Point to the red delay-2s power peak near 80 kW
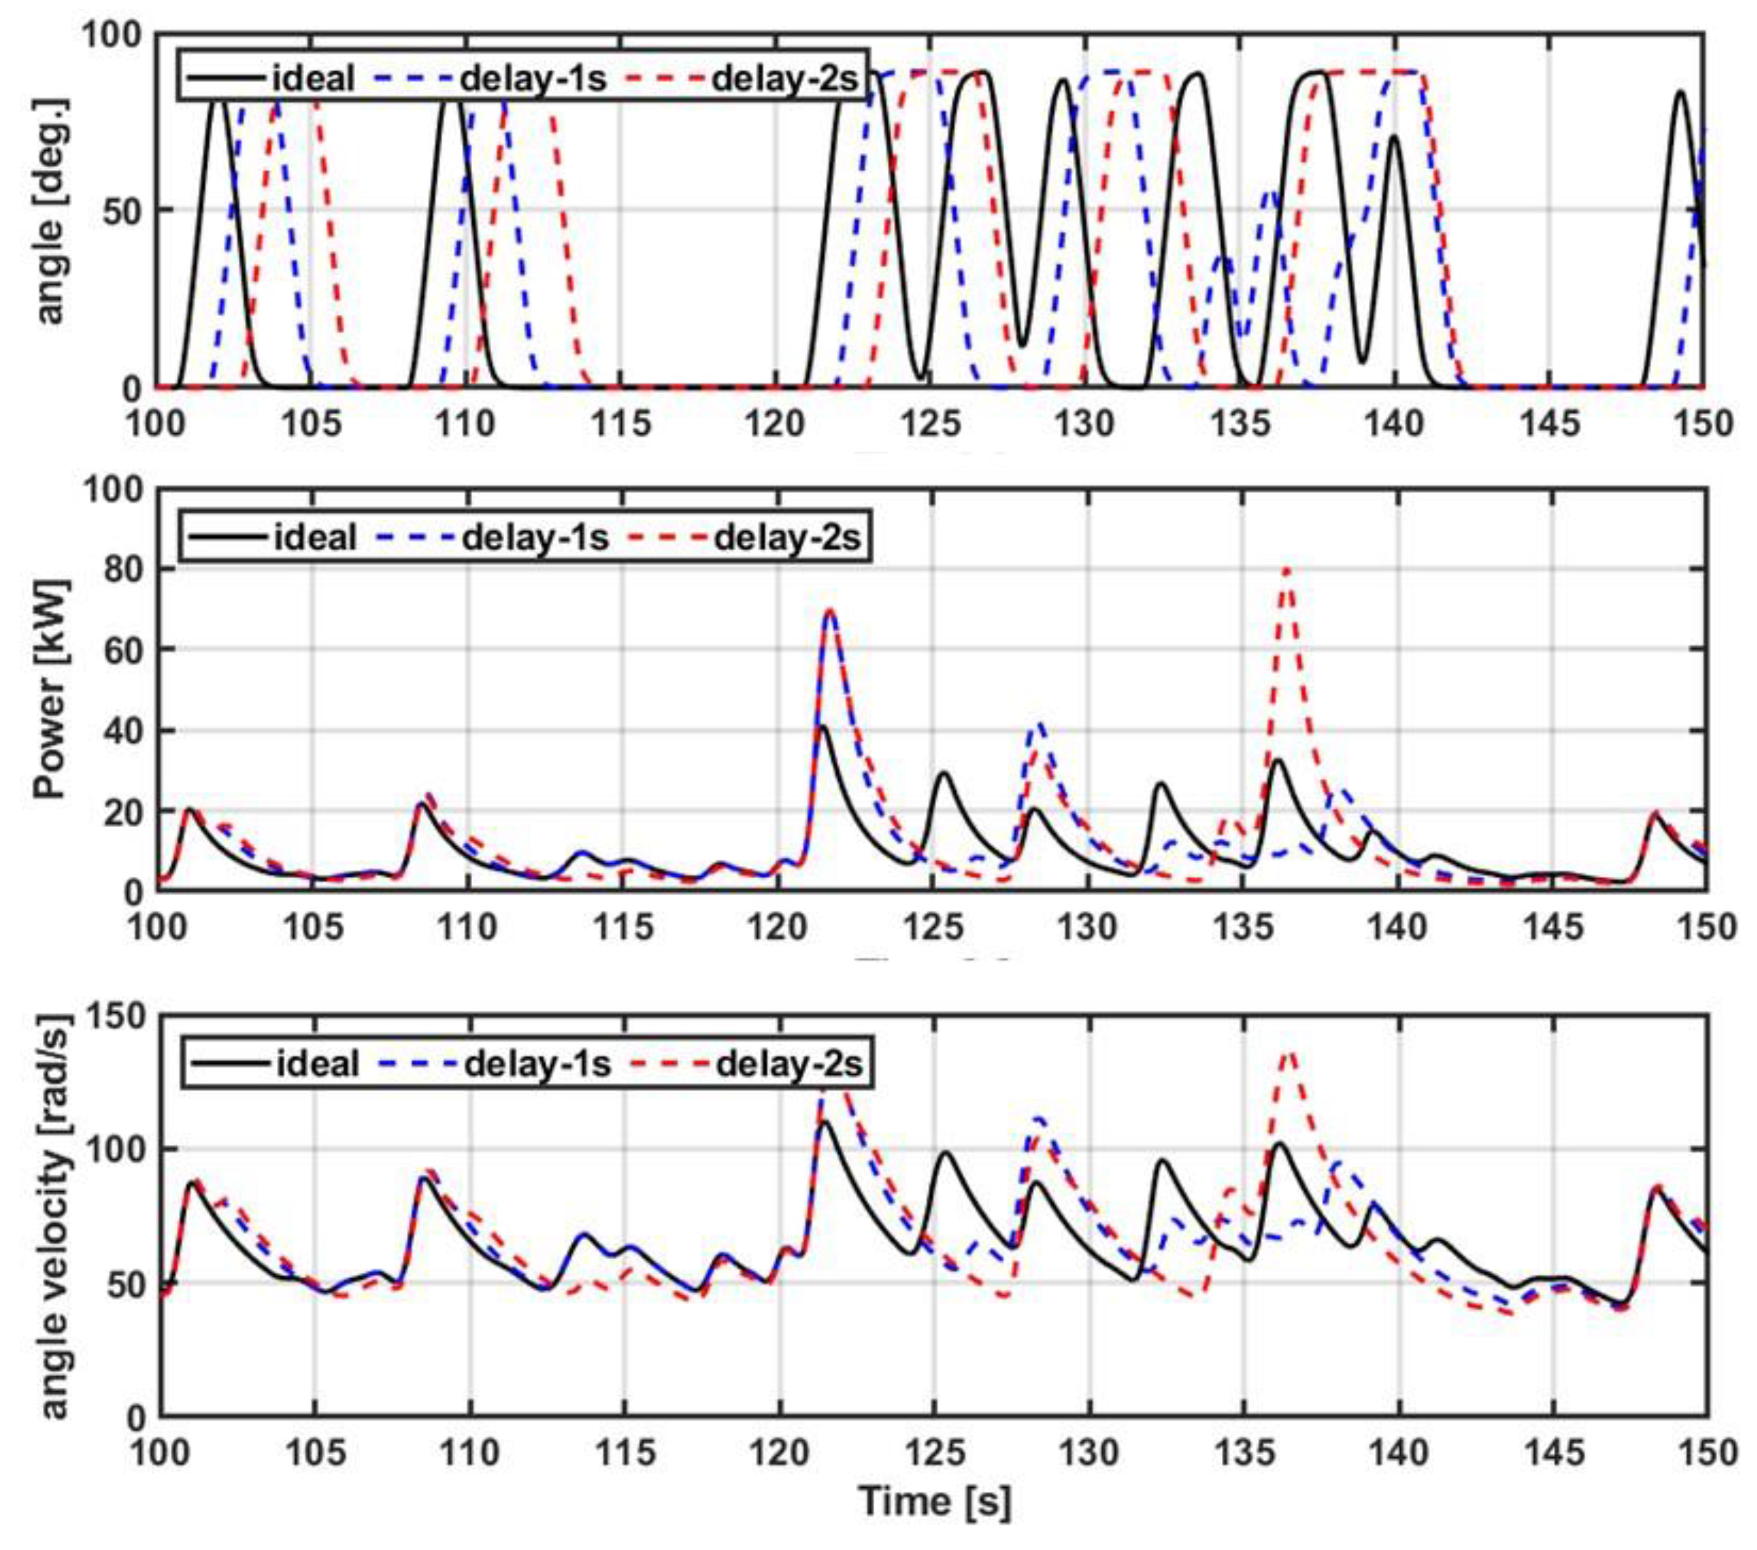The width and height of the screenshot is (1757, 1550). coord(1287,568)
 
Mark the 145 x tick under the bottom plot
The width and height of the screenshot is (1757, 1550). coord(1553,1453)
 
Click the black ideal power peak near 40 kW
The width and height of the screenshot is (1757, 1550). coord(823,727)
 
